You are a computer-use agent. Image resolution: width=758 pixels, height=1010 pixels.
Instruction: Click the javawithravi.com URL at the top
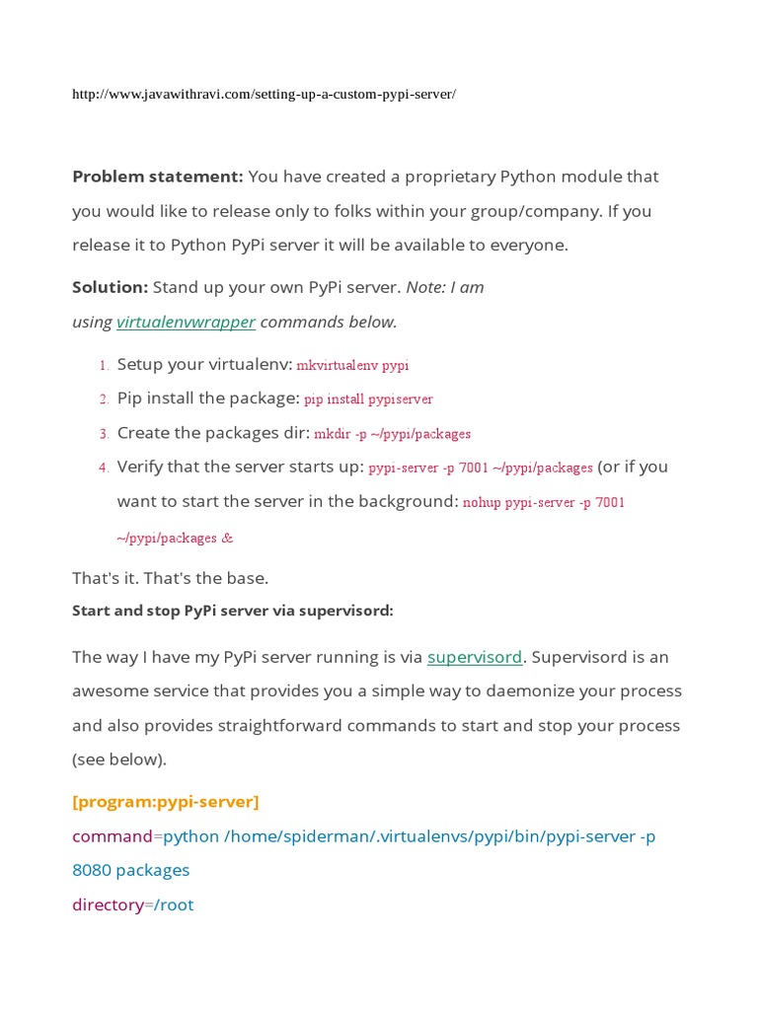tap(264, 95)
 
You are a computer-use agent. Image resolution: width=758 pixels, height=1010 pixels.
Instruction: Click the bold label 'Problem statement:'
tap(157, 177)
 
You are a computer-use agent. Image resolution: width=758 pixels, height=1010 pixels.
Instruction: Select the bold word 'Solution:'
tap(110, 287)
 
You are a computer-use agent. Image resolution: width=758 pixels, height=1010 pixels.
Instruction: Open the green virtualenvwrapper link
tap(186, 322)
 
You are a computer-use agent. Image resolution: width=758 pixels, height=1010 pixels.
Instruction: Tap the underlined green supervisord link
tap(474, 657)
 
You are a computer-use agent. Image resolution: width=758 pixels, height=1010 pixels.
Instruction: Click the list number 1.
tap(103, 366)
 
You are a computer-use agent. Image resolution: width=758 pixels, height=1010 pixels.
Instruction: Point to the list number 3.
tap(103, 434)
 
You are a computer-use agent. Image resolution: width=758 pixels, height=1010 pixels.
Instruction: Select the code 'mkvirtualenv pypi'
tap(352, 366)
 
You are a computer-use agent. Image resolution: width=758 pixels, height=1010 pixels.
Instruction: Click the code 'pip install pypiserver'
tap(368, 399)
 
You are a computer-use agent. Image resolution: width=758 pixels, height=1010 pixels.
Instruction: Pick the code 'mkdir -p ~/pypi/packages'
tap(392, 434)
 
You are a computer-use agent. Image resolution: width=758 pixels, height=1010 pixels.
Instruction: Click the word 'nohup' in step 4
tap(482, 502)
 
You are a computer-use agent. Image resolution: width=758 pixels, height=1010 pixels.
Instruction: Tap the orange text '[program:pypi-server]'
tap(165, 802)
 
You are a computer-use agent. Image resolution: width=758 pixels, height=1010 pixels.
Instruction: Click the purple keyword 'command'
tap(112, 836)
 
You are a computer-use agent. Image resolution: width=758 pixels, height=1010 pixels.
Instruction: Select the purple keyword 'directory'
tap(108, 904)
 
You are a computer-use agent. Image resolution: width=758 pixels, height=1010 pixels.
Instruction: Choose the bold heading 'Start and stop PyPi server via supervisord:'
tap(232, 611)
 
